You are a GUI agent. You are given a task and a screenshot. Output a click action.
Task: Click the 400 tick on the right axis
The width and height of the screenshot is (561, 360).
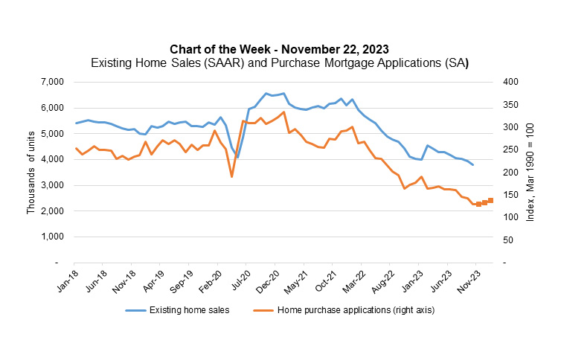coord(509,82)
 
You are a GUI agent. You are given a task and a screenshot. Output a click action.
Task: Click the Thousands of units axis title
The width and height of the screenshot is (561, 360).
coord(31,172)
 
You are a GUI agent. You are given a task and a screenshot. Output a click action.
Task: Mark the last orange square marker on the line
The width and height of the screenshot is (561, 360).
coord(490,200)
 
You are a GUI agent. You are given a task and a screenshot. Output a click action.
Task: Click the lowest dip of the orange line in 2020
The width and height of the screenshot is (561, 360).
coord(231,176)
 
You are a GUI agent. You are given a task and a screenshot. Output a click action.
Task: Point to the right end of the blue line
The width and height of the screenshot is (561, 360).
coord(473,164)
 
